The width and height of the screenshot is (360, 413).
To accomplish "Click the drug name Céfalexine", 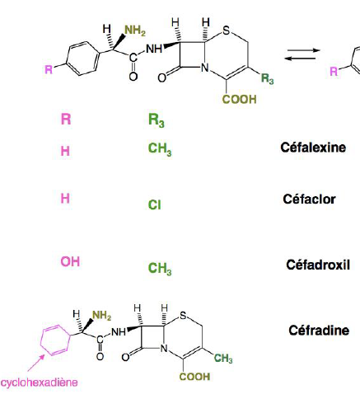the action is click(313, 148).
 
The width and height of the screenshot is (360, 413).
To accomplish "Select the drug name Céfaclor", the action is click(309, 199).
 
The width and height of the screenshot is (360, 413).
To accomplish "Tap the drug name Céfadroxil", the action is click(318, 265).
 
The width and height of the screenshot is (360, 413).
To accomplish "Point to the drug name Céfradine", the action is click(319, 331).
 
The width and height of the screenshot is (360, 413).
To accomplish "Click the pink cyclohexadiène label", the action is click(39, 382).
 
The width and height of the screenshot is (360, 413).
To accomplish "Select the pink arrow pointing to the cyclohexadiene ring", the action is click(36, 363).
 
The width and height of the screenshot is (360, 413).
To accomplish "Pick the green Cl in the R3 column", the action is click(154, 204).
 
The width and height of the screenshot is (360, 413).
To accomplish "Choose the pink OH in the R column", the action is click(70, 261).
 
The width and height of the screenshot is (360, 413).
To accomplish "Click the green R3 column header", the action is click(157, 120).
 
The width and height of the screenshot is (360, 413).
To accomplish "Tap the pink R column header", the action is click(66, 120).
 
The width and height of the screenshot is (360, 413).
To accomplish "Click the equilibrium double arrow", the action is click(302, 54).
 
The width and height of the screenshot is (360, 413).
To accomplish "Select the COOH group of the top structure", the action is click(239, 99).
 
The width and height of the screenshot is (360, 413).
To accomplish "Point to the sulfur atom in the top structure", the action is click(227, 31).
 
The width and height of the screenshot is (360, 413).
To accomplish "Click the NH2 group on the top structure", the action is click(135, 31).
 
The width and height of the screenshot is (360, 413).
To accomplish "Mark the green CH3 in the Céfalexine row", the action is click(160, 149).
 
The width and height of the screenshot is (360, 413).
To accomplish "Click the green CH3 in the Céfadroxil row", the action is click(160, 268).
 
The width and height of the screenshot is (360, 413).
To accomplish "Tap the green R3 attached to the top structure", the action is click(267, 78).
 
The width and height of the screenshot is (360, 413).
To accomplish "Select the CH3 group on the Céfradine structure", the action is click(223, 359).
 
